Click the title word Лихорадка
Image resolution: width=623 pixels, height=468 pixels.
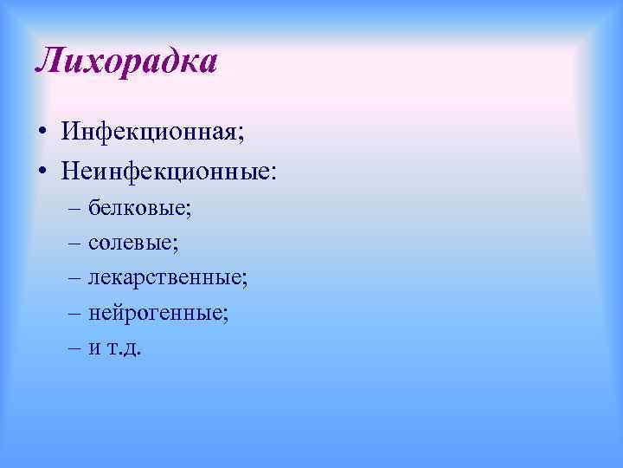126,62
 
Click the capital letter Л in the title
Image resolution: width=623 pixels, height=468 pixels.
49,62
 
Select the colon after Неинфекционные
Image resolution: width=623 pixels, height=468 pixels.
275,172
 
